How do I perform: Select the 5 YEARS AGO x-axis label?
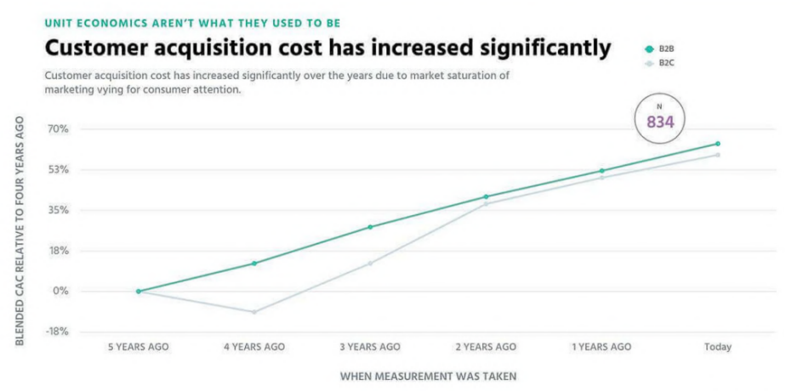coord(139,347)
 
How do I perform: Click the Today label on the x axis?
coord(718,347)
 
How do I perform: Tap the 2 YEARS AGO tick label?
coord(486,347)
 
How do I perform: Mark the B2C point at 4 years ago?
coord(254,312)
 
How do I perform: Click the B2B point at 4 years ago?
coord(254,263)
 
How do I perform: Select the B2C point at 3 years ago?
coord(370,263)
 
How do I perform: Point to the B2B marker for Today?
coord(718,144)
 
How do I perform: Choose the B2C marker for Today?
coord(718,155)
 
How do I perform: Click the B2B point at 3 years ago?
coord(370,227)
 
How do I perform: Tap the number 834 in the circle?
coord(660,122)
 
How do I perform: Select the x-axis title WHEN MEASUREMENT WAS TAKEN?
coord(428,375)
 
